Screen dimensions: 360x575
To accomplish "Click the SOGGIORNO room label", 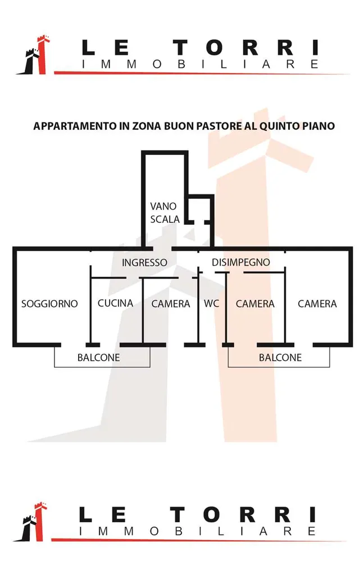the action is [x=49, y=304].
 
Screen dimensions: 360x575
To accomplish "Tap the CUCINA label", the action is [x=116, y=303].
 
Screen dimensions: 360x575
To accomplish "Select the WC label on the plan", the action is [x=212, y=304].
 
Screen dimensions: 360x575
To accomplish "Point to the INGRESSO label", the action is [x=144, y=263].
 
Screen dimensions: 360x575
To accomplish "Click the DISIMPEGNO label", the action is [x=241, y=262].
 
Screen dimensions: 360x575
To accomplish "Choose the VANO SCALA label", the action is [x=165, y=213].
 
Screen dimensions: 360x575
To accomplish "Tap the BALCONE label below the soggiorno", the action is [x=99, y=358].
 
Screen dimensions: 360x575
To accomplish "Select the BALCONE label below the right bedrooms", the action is [x=280, y=358].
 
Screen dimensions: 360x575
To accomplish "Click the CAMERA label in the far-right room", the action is [x=317, y=304].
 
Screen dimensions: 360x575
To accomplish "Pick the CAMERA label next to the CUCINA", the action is [x=171, y=304].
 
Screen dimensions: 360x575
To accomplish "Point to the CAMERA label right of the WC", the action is [x=255, y=304].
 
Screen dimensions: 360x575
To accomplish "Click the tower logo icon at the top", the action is [x=34, y=55].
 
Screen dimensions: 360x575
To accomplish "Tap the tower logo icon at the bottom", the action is [x=31, y=522].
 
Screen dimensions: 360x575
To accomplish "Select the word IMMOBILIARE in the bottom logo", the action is [x=198, y=531].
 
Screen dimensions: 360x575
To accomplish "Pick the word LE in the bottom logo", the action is [x=103, y=514].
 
